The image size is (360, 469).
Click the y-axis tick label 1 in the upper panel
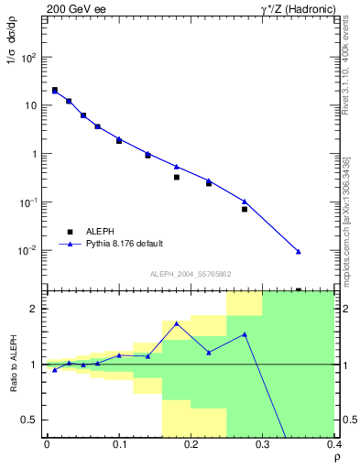pos(35,154)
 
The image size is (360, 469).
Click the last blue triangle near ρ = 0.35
pos(299,251)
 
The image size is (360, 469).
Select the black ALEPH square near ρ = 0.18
pos(177,177)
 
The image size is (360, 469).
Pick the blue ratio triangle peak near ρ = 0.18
pos(177,323)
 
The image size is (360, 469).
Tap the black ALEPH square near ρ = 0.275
pos(245,209)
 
